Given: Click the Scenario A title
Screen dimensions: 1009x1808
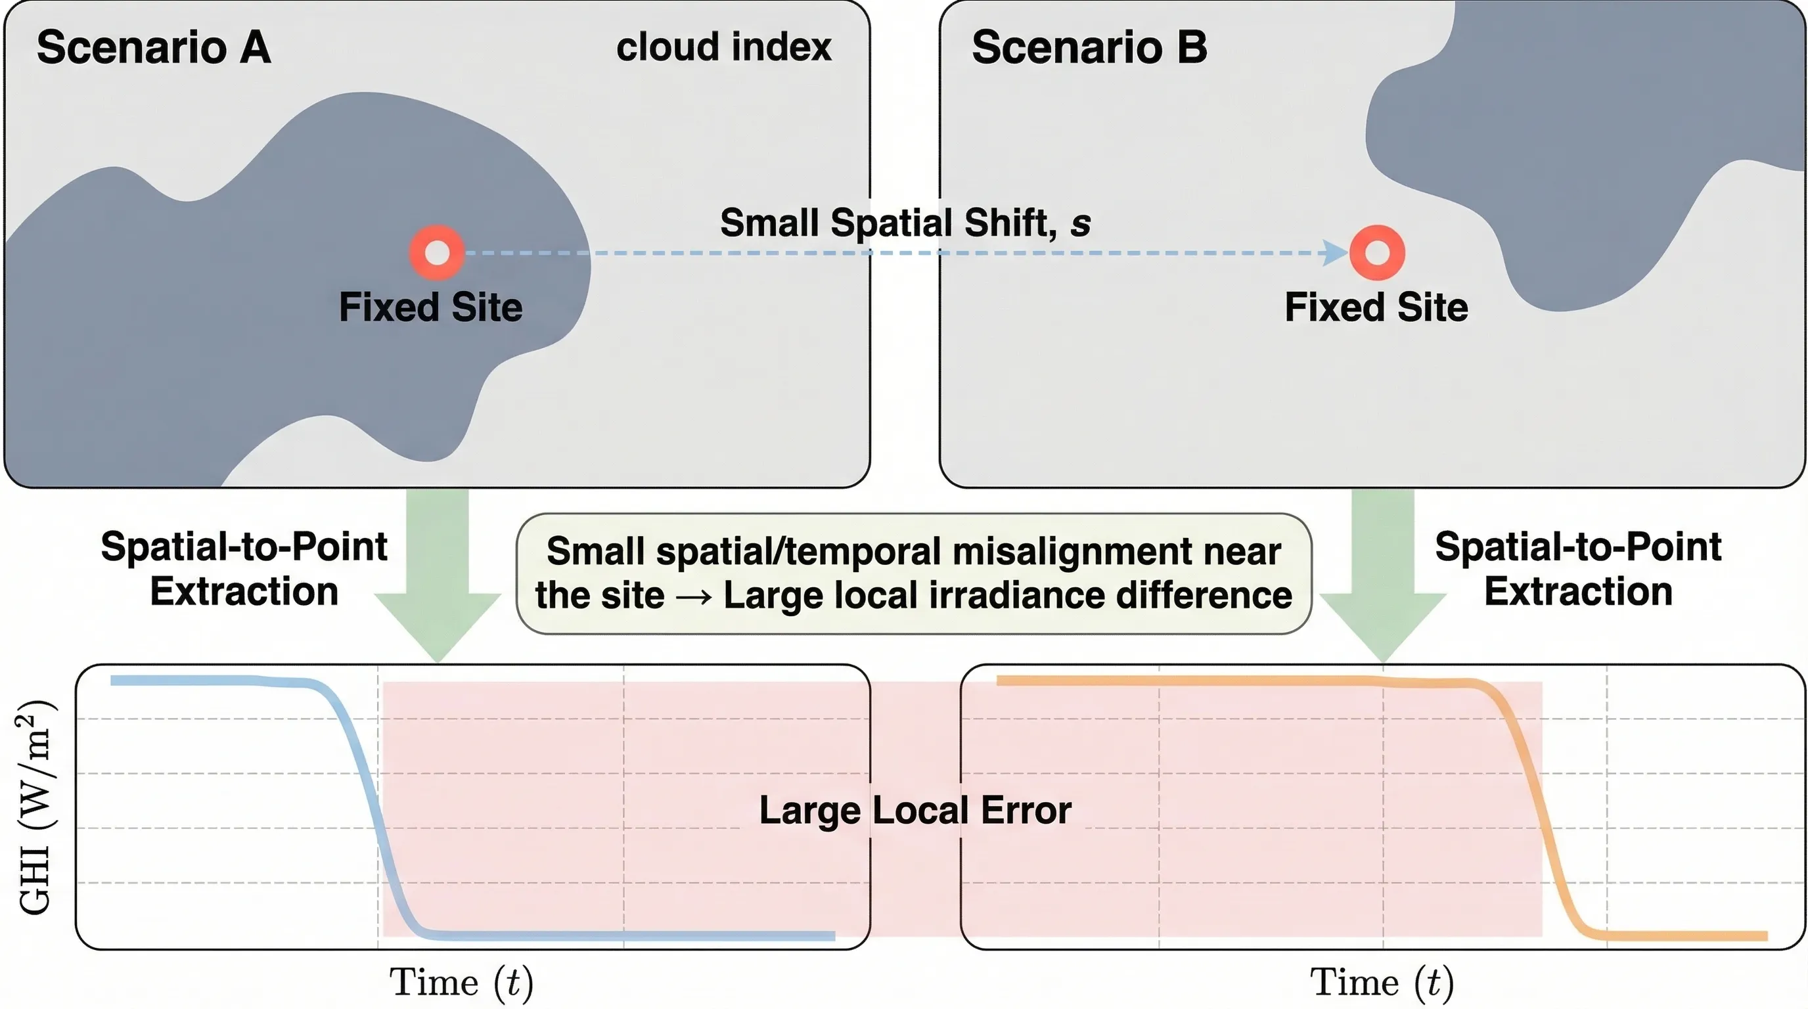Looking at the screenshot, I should (x=153, y=48).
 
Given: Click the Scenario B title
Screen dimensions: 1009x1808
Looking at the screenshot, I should (x=1089, y=48).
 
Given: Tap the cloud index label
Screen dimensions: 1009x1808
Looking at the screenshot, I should (x=723, y=47).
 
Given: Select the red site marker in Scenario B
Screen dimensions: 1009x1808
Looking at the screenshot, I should (x=1376, y=253).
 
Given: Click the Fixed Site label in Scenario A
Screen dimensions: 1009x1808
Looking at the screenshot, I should (x=430, y=307).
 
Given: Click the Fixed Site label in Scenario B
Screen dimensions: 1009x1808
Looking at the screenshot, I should (x=1376, y=307).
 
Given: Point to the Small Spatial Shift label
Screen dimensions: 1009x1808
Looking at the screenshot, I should (x=905, y=223).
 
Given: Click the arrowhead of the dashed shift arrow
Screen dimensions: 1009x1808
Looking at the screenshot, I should (x=1333, y=253).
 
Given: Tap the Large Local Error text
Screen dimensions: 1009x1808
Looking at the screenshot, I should (x=915, y=810).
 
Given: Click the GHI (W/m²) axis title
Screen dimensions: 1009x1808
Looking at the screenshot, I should (x=37, y=807).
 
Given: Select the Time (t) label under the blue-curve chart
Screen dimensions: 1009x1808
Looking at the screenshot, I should (x=461, y=981).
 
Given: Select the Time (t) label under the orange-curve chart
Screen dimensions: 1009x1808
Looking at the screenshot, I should (x=1381, y=981).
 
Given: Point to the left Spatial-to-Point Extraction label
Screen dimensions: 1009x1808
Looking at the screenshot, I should (x=244, y=568).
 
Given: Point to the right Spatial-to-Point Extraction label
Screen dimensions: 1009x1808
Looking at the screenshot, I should (x=1578, y=568).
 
